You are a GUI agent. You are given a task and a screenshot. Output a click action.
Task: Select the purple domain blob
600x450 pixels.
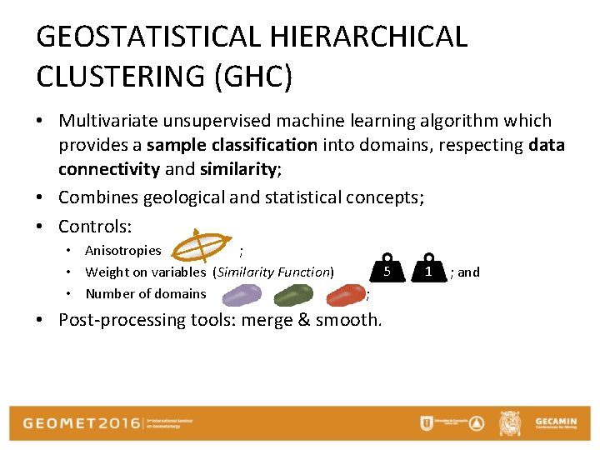click(241, 294)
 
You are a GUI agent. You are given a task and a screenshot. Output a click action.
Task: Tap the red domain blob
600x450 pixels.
click(345, 294)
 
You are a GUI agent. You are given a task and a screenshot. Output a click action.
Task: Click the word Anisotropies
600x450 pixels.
click(123, 251)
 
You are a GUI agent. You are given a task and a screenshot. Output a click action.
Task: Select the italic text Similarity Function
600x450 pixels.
click(274, 272)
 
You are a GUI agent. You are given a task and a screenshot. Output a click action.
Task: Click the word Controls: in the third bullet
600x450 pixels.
click(95, 226)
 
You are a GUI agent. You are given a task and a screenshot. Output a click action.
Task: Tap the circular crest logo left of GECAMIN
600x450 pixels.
click(509, 423)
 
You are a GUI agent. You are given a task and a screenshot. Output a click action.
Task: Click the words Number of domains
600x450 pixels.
click(146, 293)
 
